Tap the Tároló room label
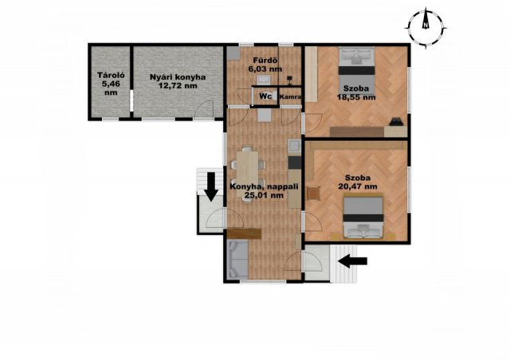(x=111, y=76)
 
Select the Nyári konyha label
(x=178, y=77)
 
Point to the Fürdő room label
(x=265, y=61)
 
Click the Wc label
(x=265, y=96)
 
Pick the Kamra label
(x=290, y=97)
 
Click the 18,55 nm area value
(x=356, y=97)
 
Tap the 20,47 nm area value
(x=358, y=186)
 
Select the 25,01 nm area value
(x=264, y=195)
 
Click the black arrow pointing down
(x=211, y=186)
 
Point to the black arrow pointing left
(x=352, y=260)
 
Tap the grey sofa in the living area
(x=238, y=259)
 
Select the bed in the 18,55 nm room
(x=356, y=71)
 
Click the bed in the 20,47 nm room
(x=363, y=217)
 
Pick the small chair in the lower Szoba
(x=314, y=193)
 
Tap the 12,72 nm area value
(x=178, y=86)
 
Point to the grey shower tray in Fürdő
(x=233, y=53)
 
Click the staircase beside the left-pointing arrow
(x=343, y=264)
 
